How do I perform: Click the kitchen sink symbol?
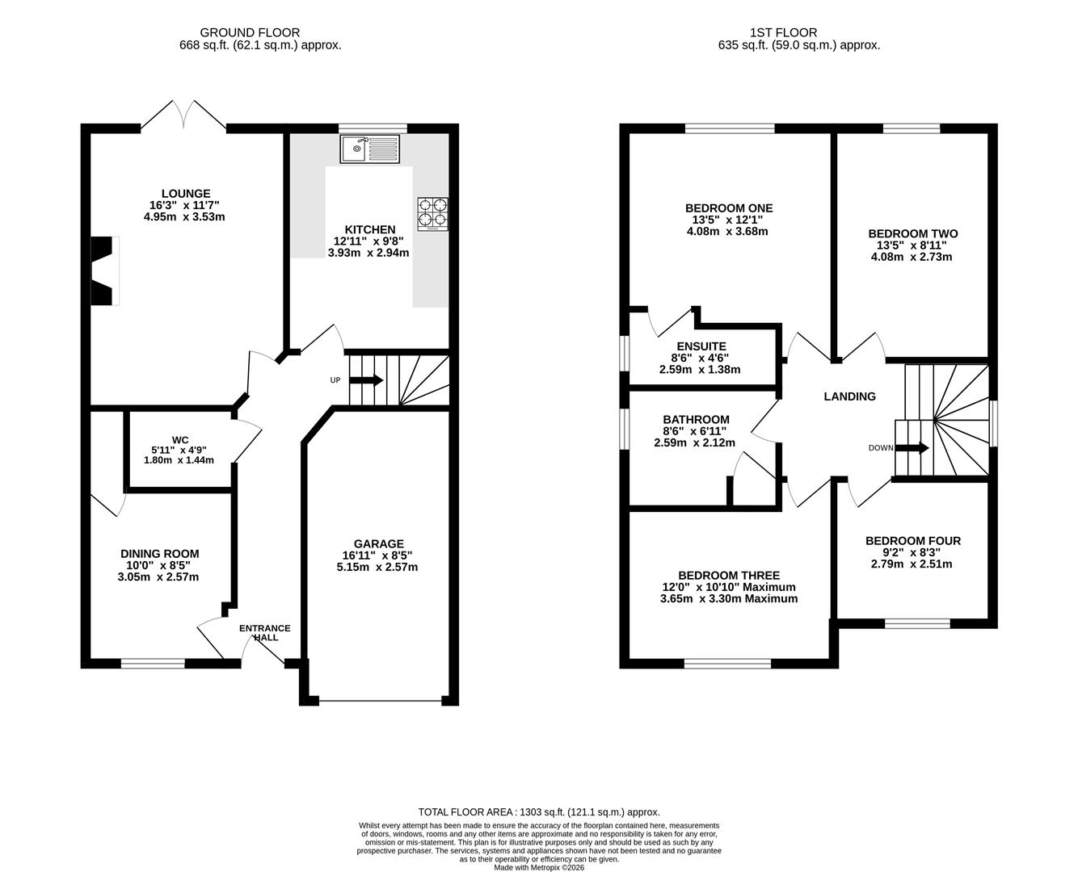pyautogui.click(x=369, y=149)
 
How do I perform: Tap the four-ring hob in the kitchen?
pyautogui.click(x=432, y=214)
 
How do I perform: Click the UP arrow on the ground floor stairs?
pyautogui.click(x=366, y=379)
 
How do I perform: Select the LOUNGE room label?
pyautogui.click(x=186, y=193)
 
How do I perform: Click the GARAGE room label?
pyautogui.click(x=378, y=543)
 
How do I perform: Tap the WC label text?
pyautogui.click(x=179, y=440)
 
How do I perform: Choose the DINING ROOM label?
pyautogui.click(x=159, y=554)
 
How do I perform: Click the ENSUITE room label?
pyautogui.click(x=701, y=346)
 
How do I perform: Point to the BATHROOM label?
pyautogui.click(x=696, y=419)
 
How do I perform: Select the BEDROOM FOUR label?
pyautogui.click(x=913, y=540)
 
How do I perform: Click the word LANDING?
pyautogui.click(x=850, y=396)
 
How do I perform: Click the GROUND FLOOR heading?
pyautogui.click(x=250, y=32)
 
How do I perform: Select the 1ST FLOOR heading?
pyautogui.click(x=783, y=32)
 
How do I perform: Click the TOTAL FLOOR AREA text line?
pyautogui.click(x=539, y=811)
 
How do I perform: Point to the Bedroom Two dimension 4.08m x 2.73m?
pyautogui.click(x=912, y=257)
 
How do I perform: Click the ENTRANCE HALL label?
pyautogui.click(x=265, y=632)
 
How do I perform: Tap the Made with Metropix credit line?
pyautogui.click(x=539, y=867)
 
